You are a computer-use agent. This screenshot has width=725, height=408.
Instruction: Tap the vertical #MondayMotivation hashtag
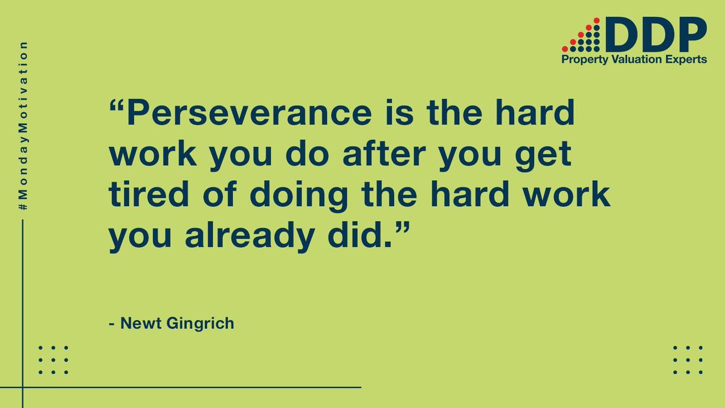25,126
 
